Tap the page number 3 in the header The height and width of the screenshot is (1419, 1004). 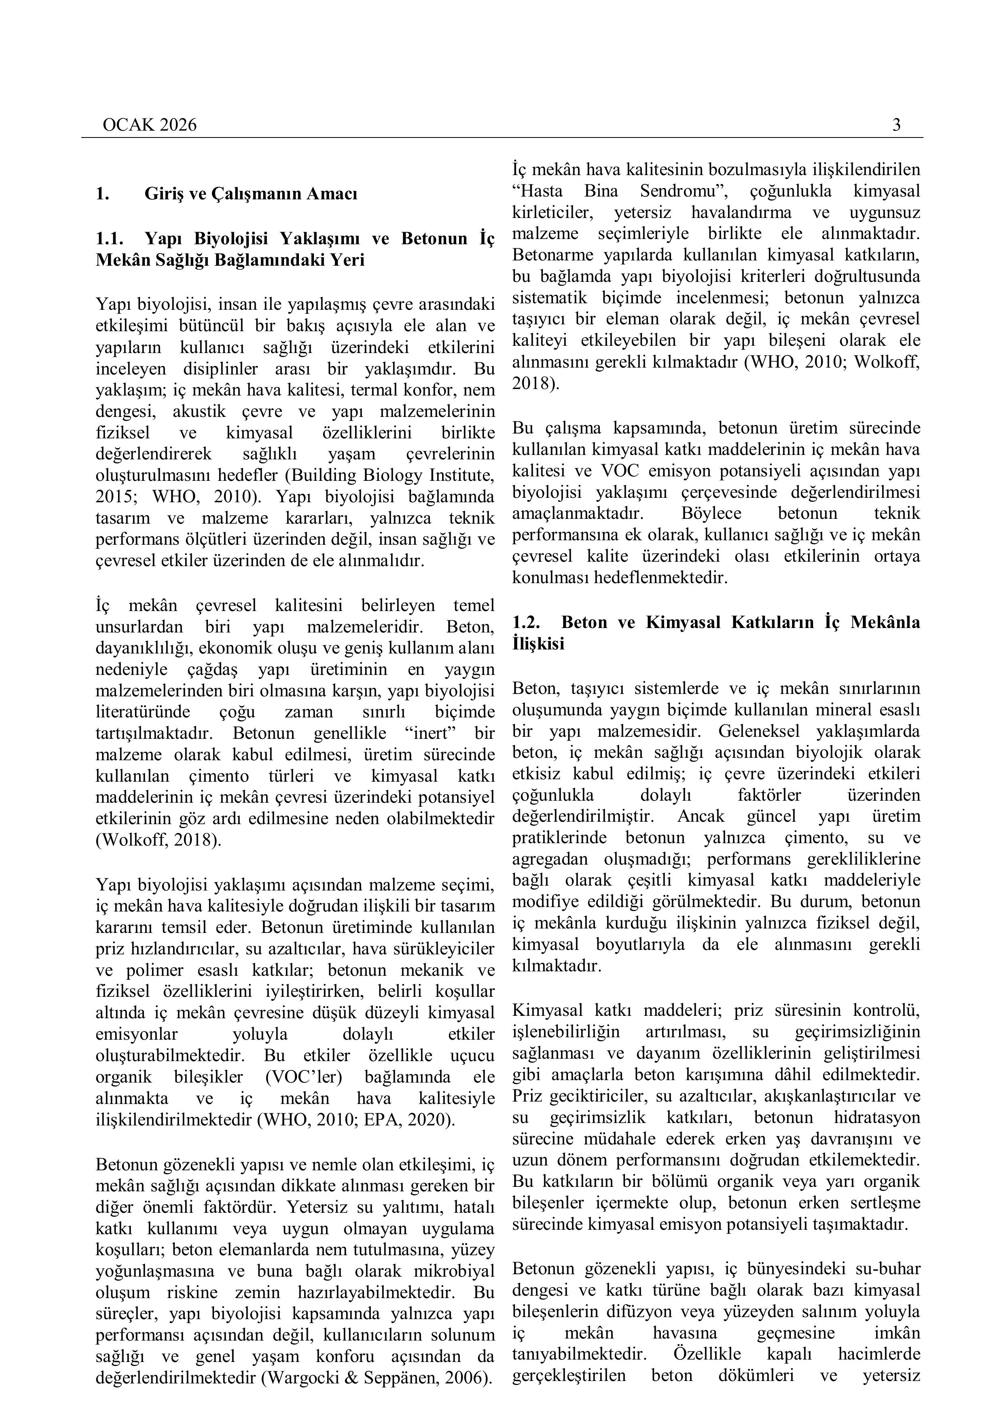[x=896, y=125]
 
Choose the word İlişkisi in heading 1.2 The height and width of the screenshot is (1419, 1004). [x=538, y=643]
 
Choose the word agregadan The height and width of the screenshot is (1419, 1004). [x=550, y=859]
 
